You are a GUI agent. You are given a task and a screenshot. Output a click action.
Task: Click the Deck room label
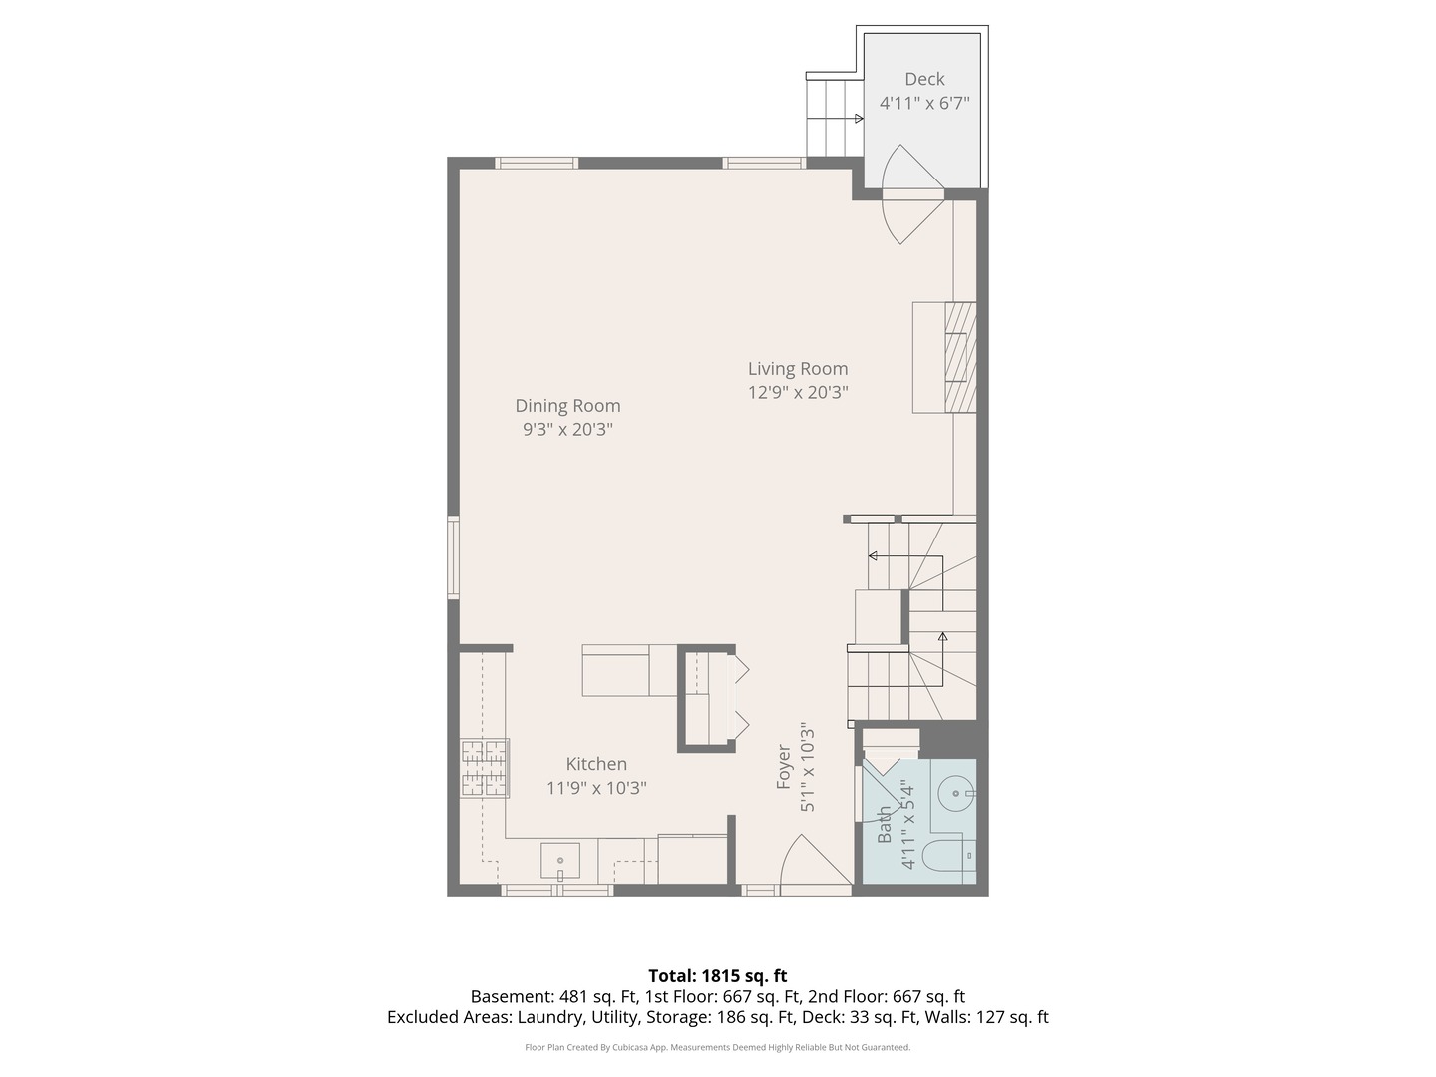tap(924, 79)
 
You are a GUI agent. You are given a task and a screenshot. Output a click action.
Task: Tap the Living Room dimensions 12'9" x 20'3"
tap(798, 393)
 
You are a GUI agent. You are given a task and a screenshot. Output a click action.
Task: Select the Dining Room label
tap(567, 406)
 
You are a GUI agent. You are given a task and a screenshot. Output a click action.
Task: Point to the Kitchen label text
tap(596, 764)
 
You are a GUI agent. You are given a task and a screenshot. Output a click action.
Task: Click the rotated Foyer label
tap(785, 766)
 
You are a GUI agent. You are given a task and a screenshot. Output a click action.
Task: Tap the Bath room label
tap(885, 825)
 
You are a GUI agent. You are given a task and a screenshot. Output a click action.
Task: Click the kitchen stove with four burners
tap(485, 767)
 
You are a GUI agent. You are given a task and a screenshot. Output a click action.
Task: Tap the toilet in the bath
tap(948, 856)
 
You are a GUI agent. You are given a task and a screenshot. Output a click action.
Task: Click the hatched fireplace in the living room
tap(959, 356)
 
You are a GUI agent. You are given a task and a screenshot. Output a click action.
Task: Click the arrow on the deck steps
tap(858, 119)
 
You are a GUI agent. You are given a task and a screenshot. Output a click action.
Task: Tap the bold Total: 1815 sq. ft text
tap(717, 976)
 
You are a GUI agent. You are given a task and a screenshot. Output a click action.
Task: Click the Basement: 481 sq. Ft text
tap(530, 996)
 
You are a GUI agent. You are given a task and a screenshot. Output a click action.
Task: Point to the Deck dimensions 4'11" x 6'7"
tap(924, 103)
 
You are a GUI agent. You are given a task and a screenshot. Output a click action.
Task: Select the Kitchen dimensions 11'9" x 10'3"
tap(596, 788)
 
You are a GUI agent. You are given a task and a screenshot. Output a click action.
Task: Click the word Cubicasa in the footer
tap(647, 1047)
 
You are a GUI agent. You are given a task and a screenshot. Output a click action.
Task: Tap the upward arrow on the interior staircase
tap(942, 636)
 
